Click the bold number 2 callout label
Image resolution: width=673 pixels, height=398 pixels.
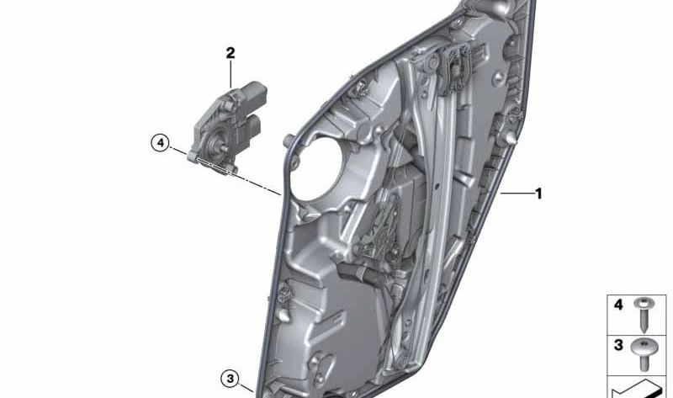[x=230, y=53]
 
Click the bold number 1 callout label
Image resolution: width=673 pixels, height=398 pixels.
[x=538, y=194]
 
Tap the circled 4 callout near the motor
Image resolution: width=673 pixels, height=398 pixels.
[x=161, y=142]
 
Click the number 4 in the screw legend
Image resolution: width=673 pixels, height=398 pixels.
[x=618, y=305]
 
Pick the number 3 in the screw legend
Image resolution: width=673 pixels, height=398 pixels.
[x=618, y=346]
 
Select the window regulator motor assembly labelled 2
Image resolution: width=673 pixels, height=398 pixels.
[x=223, y=126]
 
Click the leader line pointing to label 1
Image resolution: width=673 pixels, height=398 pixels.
[x=514, y=194]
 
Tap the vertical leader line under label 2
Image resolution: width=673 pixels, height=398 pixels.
[x=230, y=73]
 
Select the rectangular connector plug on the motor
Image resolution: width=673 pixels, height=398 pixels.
[x=253, y=126]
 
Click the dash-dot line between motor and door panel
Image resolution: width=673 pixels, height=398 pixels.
[x=257, y=183]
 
